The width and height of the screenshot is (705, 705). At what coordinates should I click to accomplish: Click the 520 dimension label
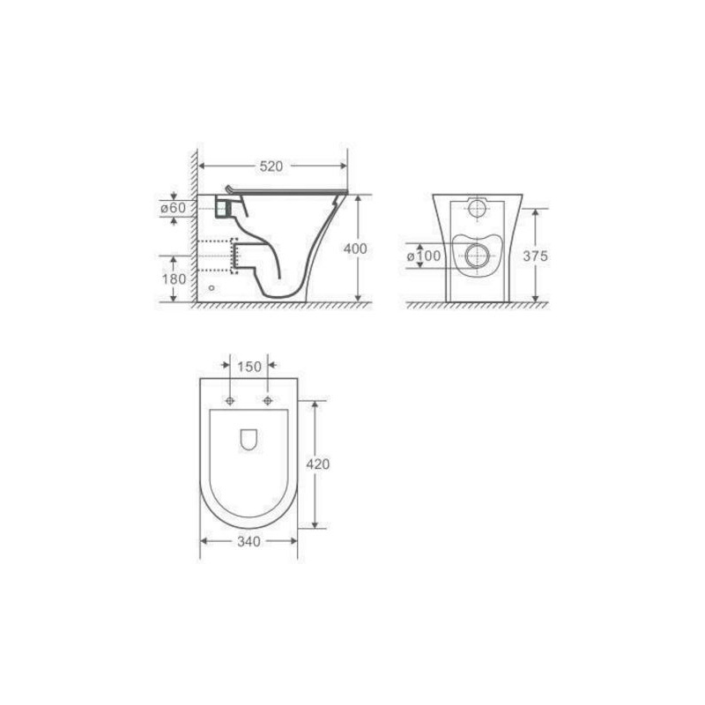(x=271, y=167)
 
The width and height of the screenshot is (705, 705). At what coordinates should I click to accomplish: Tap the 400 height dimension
(x=355, y=249)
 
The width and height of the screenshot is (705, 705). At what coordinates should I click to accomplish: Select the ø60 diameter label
(x=173, y=208)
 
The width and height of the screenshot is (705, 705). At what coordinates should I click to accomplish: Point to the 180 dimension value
(x=174, y=278)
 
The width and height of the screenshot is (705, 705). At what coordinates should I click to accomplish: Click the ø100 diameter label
(x=424, y=256)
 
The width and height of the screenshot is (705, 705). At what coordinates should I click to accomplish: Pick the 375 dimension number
(x=536, y=256)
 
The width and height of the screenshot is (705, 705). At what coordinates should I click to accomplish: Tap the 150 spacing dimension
(x=249, y=367)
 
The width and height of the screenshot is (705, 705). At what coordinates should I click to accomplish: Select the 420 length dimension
(x=318, y=464)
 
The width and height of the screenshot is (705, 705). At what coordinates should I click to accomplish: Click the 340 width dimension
(x=249, y=542)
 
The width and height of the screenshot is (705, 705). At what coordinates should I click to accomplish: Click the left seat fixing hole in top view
(x=230, y=401)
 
